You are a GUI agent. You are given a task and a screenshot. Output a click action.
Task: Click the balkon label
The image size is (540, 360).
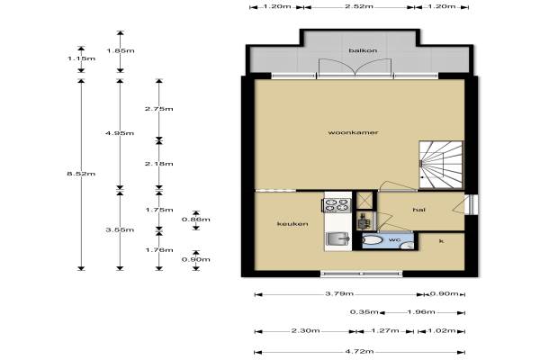(x=363, y=50)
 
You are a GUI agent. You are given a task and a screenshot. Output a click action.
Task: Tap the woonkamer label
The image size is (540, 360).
(x=353, y=132)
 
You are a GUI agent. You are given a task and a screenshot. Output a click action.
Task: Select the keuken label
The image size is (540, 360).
(x=292, y=224)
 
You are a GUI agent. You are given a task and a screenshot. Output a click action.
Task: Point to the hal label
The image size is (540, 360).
(x=418, y=210)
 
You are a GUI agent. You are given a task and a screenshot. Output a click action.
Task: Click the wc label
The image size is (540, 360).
(x=394, y=239)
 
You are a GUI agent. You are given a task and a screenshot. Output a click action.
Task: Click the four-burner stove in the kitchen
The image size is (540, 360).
(x=337, y=205)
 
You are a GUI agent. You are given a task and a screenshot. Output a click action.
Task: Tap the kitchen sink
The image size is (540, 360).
(x=337, y=238)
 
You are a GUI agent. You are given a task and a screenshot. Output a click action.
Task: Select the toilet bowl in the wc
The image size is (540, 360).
(x=372, y=239)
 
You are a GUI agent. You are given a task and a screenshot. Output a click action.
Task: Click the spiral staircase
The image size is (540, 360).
(x=441, y=165)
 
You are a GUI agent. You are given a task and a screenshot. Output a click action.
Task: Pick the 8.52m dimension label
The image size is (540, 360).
(x=81, y=174)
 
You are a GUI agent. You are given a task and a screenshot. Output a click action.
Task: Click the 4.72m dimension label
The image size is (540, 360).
(x=359, y=352)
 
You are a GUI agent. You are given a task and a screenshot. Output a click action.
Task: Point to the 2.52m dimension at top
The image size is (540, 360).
(x=359, y=6)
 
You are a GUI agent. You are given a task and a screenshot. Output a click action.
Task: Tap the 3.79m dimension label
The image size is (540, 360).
(x=339, y=294)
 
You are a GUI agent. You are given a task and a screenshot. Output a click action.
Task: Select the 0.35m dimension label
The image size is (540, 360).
(x=364, y=312)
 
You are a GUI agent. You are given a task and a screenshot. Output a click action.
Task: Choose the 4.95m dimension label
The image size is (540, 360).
(x=120, y=133)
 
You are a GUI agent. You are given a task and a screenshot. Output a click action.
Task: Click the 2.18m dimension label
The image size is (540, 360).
(x=158, y=164)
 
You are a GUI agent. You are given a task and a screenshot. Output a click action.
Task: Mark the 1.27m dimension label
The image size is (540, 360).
(x=385, y=330)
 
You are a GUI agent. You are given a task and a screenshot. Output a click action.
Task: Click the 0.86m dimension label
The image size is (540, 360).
(x=196, y=220)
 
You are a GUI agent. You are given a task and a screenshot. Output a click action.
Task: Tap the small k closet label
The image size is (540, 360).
(x=441, y=241)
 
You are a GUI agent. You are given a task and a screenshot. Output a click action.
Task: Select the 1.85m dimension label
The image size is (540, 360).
(x=121, y=51)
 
